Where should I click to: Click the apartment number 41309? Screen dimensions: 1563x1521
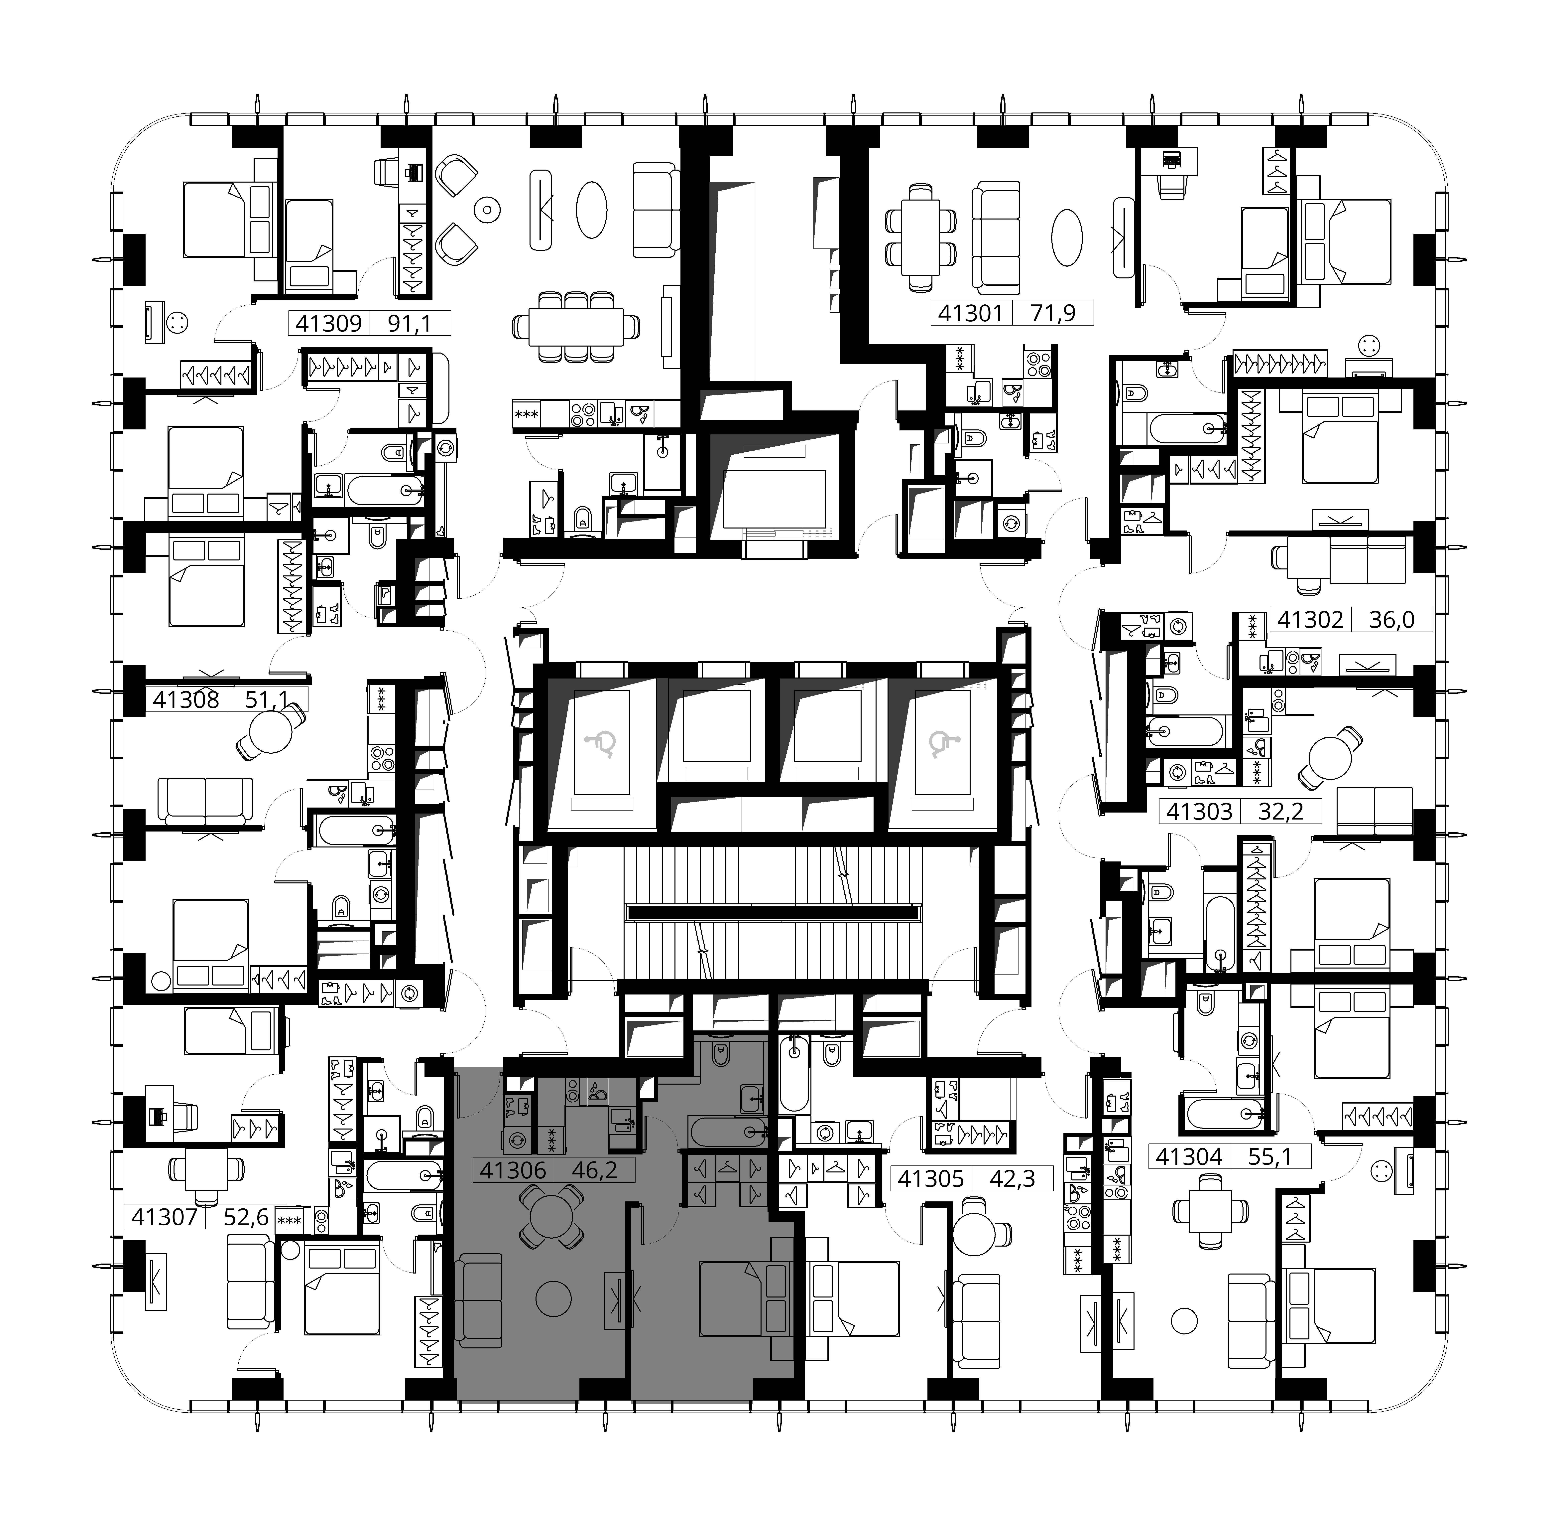[328, 324]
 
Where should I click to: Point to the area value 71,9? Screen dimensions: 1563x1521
[1053, 313]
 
